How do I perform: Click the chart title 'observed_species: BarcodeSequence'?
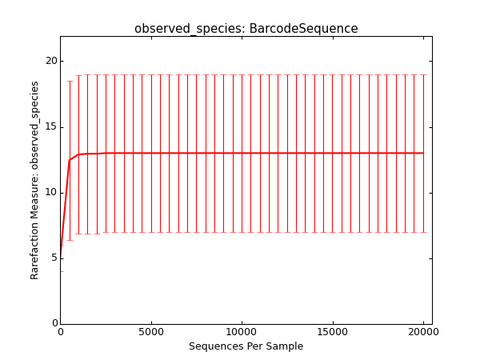pyautogui.click(x=246, y=29)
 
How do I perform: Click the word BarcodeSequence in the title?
pyautogui.click(x=303, y=28)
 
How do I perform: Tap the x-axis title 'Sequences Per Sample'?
pyautogui.click(x=246, y=346)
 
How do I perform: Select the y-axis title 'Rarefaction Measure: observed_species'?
pyautogui.click(x=34, y=180)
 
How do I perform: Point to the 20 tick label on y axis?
pyautogui.click(x=51, y=61)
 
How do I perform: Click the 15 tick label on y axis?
pyautogui.click(x=51, y=127)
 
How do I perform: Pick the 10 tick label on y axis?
pyautogui.click(x=51, y=193)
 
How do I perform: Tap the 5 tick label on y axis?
pyautogui.click(x=54, y=258)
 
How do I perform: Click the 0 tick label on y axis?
pyautogui.click(x=54, y=323)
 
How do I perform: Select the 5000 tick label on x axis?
pyautogui.click(x=151, y=332)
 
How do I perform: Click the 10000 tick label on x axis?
pyautogui.click(x=242, y=332)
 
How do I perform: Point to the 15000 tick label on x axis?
pyautogui.click(x=333, y=332)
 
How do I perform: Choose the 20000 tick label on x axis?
pyautogui.click(x=423, y=332)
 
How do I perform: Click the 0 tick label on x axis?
pyautogui.click(x=61, y=332)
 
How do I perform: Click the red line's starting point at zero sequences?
pyautogui.click(x=61, y=258)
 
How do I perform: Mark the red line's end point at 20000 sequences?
pyautogui.click(x=423, y=153)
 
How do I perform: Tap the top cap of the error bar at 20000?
pyautogui.click(x=423, y=74)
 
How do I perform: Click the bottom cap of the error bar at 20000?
pyautogui.click(x=423, y=232)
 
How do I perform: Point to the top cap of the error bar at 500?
pyautogui.click(x=70, y=81)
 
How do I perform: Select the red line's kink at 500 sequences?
pyautogui.click(x=70, y=160)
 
